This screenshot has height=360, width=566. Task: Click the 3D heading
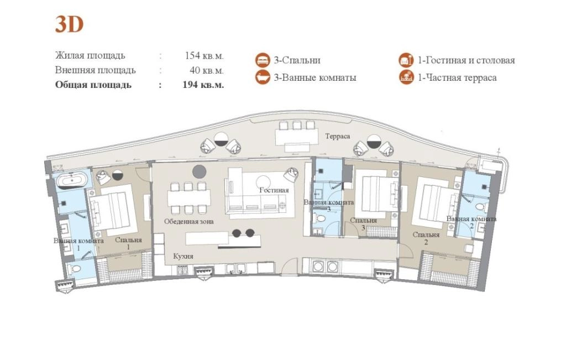69,24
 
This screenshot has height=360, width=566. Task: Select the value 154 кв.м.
204,56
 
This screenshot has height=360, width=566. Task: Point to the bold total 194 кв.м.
203,85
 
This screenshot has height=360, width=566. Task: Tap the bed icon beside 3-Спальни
263,60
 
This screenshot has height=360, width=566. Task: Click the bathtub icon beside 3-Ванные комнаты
263,77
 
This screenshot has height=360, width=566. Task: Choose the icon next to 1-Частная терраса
406,77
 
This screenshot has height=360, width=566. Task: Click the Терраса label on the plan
338,136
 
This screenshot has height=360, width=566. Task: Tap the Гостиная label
274,190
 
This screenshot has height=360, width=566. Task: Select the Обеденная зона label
189,221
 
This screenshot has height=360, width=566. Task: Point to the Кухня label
183,256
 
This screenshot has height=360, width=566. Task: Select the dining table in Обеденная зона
189,198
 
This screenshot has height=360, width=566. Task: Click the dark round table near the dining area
199,171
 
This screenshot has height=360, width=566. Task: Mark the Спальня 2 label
426,238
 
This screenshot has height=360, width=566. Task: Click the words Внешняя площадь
95,70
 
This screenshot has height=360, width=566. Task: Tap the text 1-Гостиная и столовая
467,60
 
